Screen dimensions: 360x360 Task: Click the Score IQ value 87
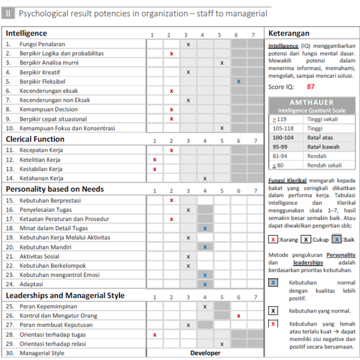[311, 87]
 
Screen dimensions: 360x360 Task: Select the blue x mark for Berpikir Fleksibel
[238, 81]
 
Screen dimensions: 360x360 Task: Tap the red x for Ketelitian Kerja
[154, 160]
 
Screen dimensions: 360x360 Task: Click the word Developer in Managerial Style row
[205, 353]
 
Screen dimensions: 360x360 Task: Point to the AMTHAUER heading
[311, 103]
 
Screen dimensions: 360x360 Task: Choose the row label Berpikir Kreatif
[40, 72]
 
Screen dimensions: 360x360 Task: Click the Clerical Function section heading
[35, 139]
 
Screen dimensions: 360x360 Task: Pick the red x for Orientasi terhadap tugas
[154, 334]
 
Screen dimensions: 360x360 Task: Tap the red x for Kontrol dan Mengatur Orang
[238, 316]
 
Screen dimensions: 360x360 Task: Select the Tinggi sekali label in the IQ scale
[322, 119]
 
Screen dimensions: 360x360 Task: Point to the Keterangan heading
[289, 33]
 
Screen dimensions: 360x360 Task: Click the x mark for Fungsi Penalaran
[188, 44]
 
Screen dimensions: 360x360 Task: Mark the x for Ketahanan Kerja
[205, 178]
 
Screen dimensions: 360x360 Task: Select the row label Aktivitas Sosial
[39, 256]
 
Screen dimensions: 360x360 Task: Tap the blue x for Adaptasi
[205, 284]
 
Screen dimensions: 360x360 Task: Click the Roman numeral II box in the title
[8, 14]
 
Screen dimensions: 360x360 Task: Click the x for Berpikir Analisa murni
[222, 63]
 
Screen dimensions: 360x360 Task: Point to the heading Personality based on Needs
[55, 189]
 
